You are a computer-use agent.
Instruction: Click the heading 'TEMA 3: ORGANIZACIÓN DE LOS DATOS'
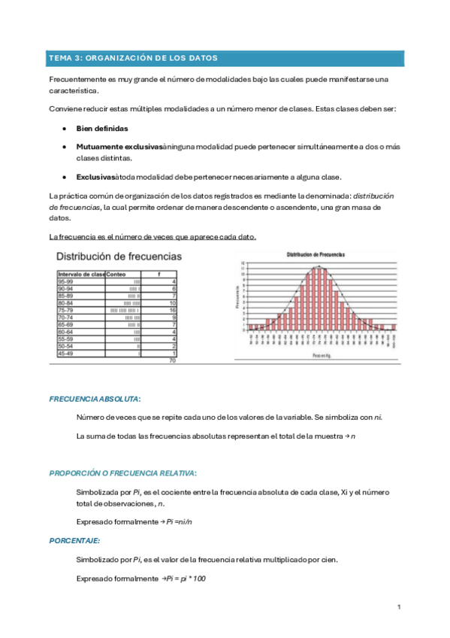(x=132, y=58)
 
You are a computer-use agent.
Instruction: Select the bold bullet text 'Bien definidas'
(x=101, y=129)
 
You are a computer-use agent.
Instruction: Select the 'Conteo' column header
(x=116, y=275)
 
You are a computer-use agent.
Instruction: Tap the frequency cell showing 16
(x=172, y=309)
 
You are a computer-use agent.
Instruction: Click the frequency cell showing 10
(x=172, y=302)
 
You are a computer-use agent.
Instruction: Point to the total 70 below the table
(x=172, y=361)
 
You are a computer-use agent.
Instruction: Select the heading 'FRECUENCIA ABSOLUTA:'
(x=95, y=398)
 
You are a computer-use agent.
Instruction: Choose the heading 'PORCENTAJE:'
(x=75, y=540)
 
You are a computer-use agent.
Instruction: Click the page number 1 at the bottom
(x=399, y=606)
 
